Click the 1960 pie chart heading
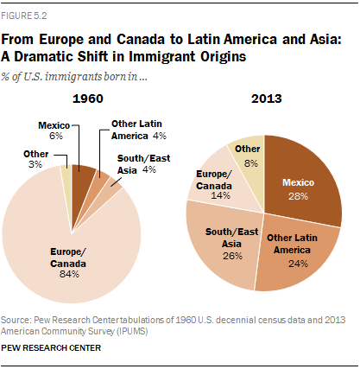tap(88, 99)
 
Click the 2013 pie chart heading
tap(267, 99)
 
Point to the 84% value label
tap(69, 274)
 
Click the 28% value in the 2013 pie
tap(298, 196)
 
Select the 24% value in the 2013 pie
tap(298, 264)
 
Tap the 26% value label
tap(232, 256)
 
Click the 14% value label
tap(220, 195)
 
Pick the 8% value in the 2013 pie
tap(251, 163)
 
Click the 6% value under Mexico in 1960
tap(56, 136)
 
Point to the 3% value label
tap(35, 164)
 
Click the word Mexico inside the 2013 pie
tap(298, 182)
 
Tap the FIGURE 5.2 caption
tap(24, 16)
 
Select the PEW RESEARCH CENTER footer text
tap(51, 347)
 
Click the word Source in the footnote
tap(16, 320)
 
